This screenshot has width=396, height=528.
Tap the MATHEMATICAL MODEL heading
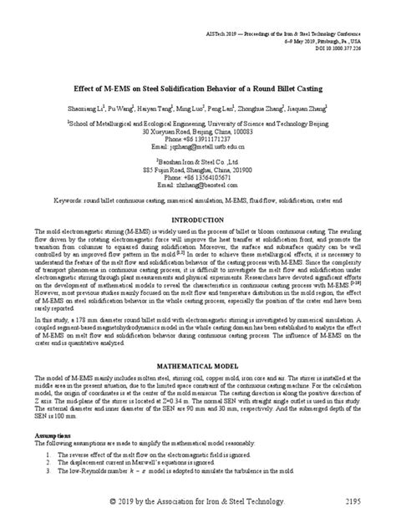click(x=197, y=365)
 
